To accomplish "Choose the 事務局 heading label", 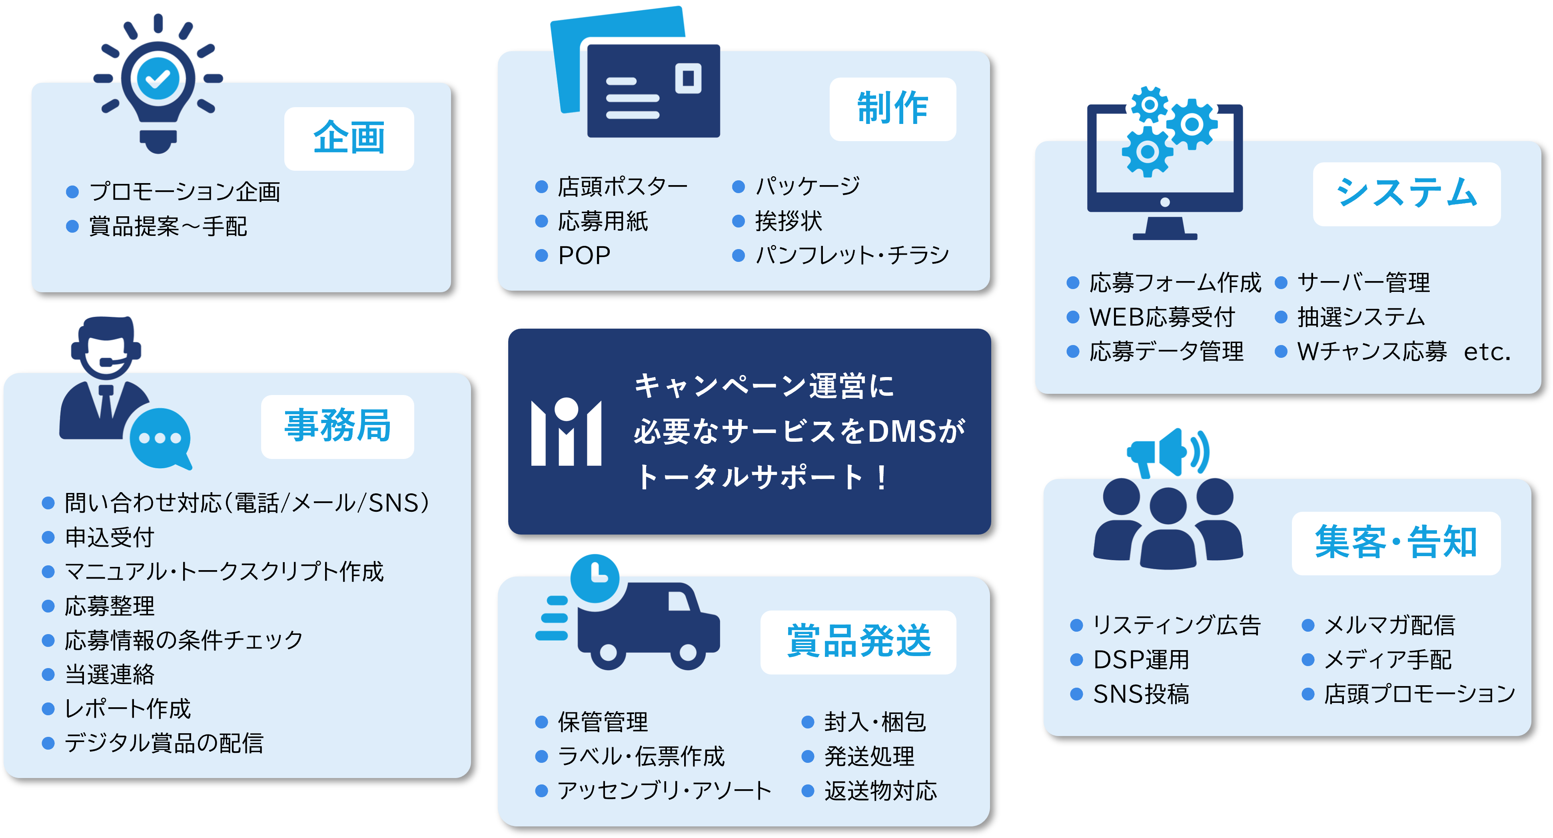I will pyautogui.click(x=337, y=426).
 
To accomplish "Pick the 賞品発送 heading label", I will pyautogui.click(x=858, y=641).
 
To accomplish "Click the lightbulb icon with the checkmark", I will pyautogui.click(x=158, y=84).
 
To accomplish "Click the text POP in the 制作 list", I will pyautogui.click(x=584, y=255).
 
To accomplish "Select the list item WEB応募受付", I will pyautogui.click(x=1162, y=317).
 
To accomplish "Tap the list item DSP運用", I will pyautogui.click(x=1141, y=660).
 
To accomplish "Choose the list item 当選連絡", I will pyautogui.click(x=109, y=674).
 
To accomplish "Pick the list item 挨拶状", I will pyautogui.click(x=788, y=221).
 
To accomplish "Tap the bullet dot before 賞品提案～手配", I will pyautogui.click(x=72, y=227).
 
